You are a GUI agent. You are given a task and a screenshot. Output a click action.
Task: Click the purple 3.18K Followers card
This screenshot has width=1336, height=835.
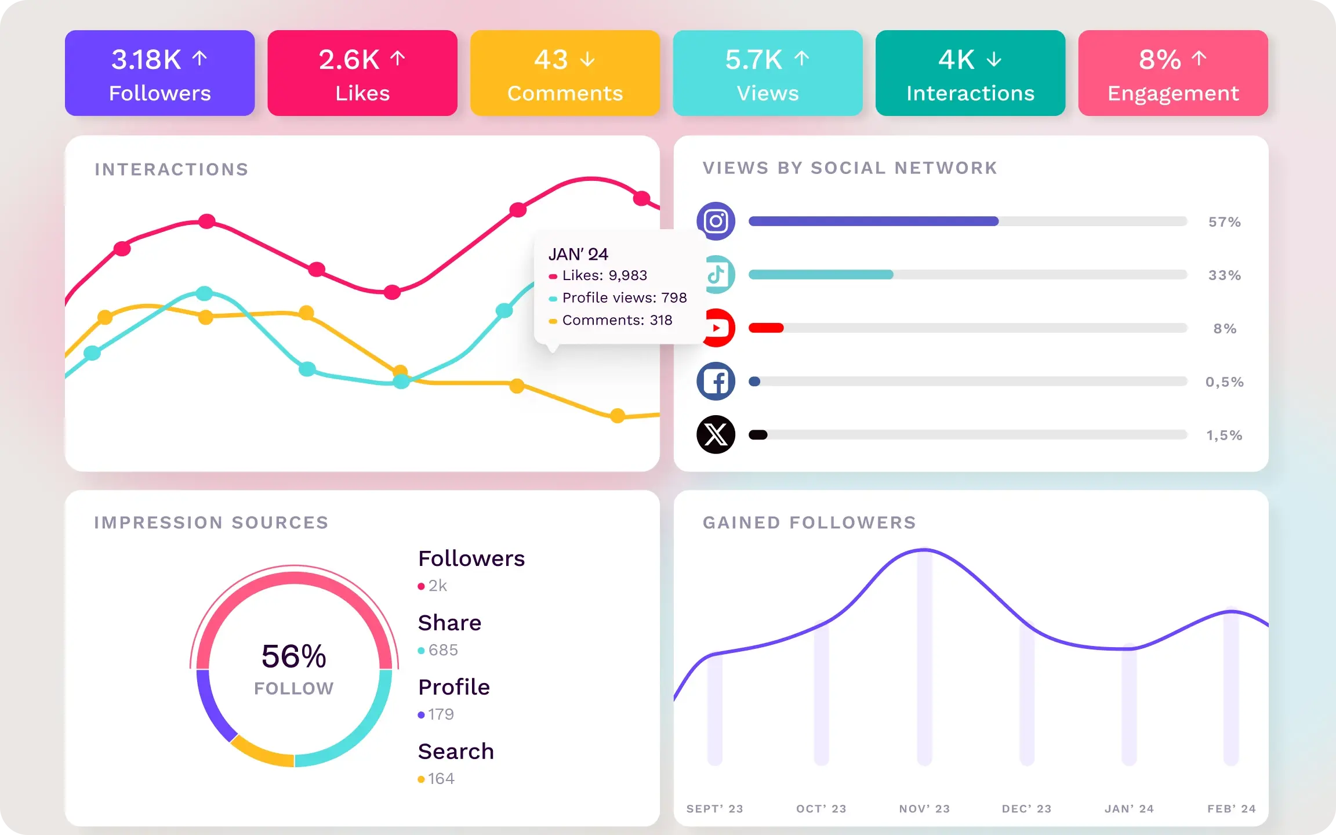coord(159,73)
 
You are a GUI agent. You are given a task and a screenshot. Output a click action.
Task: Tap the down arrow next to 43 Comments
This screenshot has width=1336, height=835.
coord(587,59)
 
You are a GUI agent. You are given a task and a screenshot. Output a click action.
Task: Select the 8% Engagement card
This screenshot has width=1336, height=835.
coord(1172,73)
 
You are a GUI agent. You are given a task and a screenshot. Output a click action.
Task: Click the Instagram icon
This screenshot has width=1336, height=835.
coord(716,221)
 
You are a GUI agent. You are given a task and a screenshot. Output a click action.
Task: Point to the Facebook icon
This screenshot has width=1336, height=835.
coord(716,382)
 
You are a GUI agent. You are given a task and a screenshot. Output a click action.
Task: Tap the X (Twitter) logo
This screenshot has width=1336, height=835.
coord(716,434)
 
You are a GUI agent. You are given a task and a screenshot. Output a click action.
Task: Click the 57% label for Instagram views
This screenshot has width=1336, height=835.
coord(1224,222)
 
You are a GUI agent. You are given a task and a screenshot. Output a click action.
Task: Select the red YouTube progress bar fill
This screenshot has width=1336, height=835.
coord(766,328)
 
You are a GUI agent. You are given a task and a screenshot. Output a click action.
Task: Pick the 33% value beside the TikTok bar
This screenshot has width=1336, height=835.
coord(1224,275)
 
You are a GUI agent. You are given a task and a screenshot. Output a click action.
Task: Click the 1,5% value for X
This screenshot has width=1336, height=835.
coord(1224,435)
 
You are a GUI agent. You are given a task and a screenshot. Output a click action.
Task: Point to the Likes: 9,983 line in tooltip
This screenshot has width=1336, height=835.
coord(604,275)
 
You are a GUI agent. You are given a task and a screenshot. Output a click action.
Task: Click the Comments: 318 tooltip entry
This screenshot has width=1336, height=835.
coord(616,320)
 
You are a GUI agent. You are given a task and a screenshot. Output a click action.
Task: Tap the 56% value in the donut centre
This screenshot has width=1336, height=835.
coord(294,656)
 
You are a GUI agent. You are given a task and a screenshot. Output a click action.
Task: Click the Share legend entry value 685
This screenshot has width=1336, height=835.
coord(443,650)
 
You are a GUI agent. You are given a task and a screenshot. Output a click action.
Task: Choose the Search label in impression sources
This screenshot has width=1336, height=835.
coord(456,752)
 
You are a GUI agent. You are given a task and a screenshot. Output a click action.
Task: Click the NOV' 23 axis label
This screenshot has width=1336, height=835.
coord(924,809)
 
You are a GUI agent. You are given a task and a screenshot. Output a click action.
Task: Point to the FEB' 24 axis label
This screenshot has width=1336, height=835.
coord(1231,809)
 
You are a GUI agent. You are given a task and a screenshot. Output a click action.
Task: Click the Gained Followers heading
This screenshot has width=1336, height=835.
coord(809,523)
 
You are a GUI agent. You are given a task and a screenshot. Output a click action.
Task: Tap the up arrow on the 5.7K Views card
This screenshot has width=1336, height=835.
coord(801,59)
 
